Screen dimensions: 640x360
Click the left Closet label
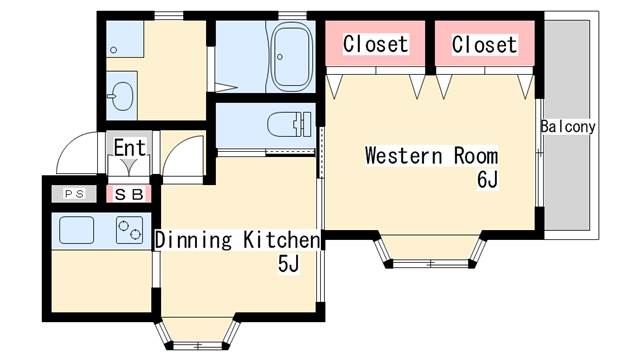coord(376,44)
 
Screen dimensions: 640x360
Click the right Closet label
coord(484,44)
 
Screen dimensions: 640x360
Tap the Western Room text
coord(431,156)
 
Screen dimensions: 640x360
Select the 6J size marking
coord(488,179)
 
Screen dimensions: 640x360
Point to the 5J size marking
coord(289,263)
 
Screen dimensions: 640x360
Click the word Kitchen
coord(282,240)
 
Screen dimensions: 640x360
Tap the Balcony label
coord(568,127)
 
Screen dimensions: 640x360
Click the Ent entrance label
coord(130,148)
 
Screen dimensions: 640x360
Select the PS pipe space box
coord(74,194)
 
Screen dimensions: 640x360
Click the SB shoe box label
coord(129,194)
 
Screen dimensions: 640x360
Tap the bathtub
coord(291,56)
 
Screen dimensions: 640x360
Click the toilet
coord(289,124)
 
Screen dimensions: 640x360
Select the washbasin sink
coord(122,96)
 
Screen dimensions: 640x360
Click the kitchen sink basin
coord(77,230)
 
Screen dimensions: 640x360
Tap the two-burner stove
coord(129,230)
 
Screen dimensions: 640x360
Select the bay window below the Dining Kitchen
coord(198,333)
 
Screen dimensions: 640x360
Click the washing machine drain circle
coord(114,50)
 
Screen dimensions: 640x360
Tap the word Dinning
coord(193,240)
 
